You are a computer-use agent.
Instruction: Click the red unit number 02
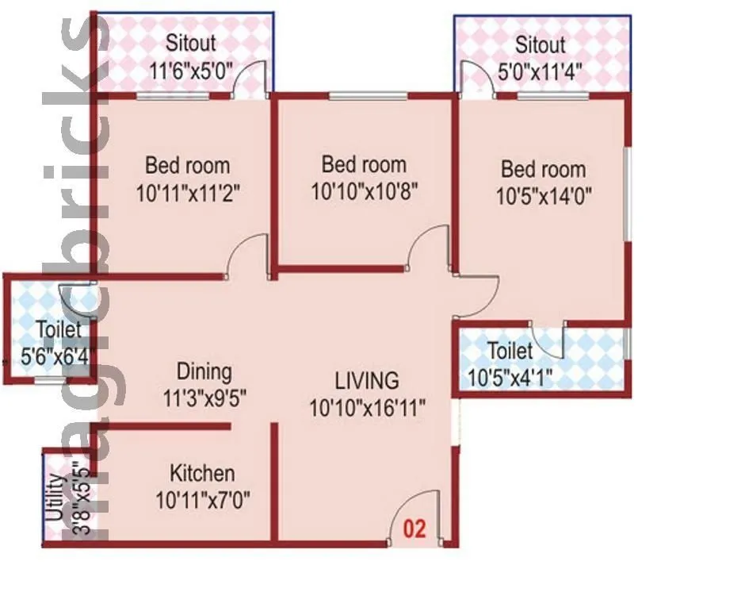[x=415, y=529]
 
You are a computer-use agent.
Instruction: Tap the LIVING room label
[x=366, y=379]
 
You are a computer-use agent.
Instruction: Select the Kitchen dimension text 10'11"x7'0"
[x=205, y=501]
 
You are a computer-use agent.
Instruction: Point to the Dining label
[x=204, y=371]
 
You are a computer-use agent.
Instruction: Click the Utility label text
[x=55, y=498]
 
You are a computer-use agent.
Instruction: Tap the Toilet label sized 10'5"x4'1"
[x=511, y=350]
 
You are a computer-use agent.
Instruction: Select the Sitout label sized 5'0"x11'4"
[x=540, y=44]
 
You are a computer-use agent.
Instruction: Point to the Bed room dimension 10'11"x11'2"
[x=188, y=193]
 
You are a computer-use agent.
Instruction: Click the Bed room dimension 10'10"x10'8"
[x=364, y=191]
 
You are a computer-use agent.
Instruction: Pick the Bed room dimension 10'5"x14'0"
[x=544, y=195]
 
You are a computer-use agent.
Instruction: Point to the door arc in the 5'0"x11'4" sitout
[x=474, y=79]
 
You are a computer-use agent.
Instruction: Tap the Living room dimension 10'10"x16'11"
[x=368, y=408]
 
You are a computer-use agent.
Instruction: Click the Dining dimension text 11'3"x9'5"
[x=204, y=399]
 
